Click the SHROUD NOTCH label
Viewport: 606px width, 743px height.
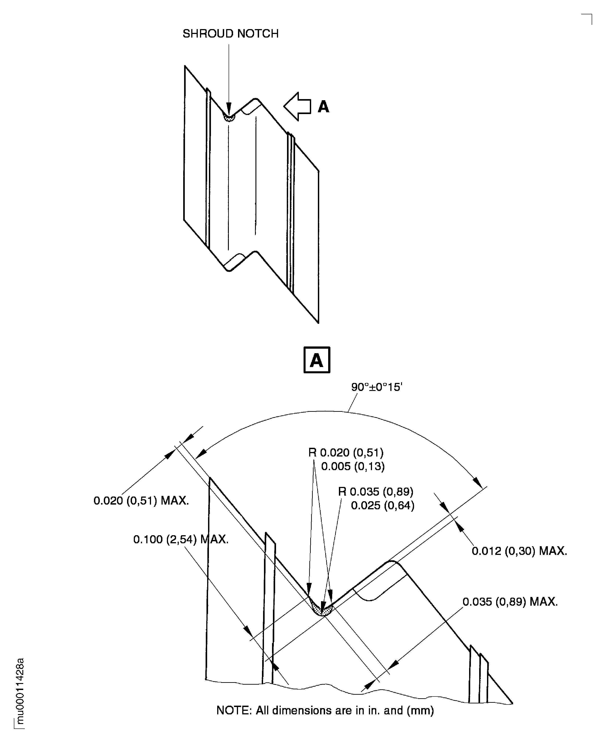(230, 34)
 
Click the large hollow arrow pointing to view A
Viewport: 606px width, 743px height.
(297, 106)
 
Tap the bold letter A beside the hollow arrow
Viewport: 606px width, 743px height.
(323, 106)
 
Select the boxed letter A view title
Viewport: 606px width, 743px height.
(317, 360)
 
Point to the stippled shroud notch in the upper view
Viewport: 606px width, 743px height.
(229, 118)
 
